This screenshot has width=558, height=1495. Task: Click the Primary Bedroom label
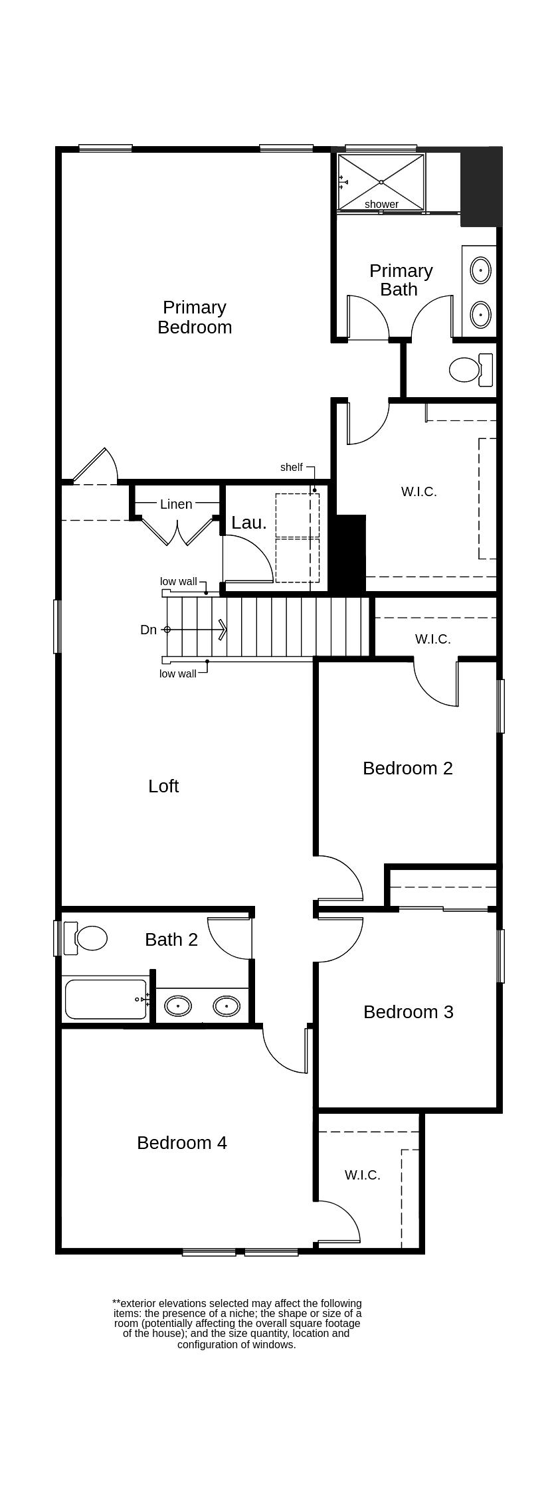[195, 317]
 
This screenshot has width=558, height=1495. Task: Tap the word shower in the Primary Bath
[381, 204]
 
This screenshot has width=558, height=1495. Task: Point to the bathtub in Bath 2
[105, 999]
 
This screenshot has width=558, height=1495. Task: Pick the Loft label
[163, 786]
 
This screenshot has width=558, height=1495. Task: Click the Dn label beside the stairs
[148, 630]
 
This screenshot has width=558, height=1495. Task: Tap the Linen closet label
[176, 504]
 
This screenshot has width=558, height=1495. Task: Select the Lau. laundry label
[249, 523]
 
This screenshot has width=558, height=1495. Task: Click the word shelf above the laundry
[291, 467]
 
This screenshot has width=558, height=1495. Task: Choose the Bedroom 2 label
[407, 768]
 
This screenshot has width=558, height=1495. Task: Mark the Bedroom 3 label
[408, 1011]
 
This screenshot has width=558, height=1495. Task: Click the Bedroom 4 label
[181, 1142]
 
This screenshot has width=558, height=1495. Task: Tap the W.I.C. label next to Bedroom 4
[362, 1175]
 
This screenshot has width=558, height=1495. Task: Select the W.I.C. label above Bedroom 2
[432, 639]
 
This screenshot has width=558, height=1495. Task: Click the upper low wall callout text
[178, 581]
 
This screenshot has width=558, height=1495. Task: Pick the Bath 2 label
[171, 939]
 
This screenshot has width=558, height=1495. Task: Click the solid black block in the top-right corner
[481, 187]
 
